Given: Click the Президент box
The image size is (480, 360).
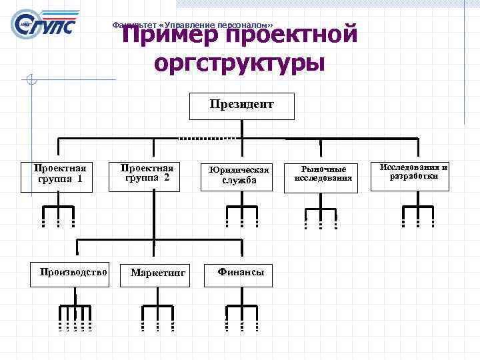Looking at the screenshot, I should (241, 105).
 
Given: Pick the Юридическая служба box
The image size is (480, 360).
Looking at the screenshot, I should (237, 176).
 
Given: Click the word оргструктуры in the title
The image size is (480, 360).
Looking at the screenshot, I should (239, 63).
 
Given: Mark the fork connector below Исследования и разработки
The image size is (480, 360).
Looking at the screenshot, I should (418, 215).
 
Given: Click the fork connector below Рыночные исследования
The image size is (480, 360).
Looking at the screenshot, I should (321, 217).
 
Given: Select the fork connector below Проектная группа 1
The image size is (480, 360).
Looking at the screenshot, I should (58, 215).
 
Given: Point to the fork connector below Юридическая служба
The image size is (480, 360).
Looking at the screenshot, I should (241, 215).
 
